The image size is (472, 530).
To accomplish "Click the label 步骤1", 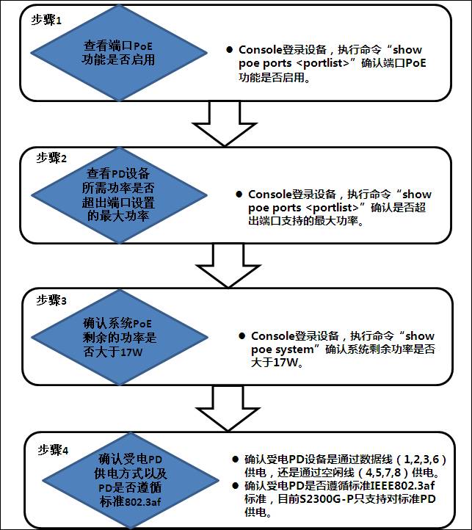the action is [46, 21].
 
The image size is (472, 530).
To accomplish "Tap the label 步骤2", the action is [51, 158].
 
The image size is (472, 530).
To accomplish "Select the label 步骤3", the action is [51, 300].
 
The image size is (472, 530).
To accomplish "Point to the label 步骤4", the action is [53, 450].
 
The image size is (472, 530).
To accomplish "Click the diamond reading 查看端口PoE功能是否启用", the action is [119, 53].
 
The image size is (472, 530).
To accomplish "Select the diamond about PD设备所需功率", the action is [119, 195].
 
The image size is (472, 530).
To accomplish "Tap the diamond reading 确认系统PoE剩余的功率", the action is [120, 337].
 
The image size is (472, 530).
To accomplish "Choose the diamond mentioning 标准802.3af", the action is [131, 481].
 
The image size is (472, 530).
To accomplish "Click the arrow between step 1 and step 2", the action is [225, 124].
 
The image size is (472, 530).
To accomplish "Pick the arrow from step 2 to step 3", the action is [228, 266].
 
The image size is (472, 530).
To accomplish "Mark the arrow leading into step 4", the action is [228, 409].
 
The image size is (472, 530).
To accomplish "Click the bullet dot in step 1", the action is [230, 50].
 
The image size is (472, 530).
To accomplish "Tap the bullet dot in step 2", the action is [239, 194].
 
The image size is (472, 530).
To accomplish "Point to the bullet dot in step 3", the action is [242, 335].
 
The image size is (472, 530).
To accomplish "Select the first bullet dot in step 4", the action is [236, 459].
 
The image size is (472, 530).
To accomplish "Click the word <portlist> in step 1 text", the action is [324, 63].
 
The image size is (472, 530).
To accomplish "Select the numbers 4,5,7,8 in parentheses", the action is [383, 472].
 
